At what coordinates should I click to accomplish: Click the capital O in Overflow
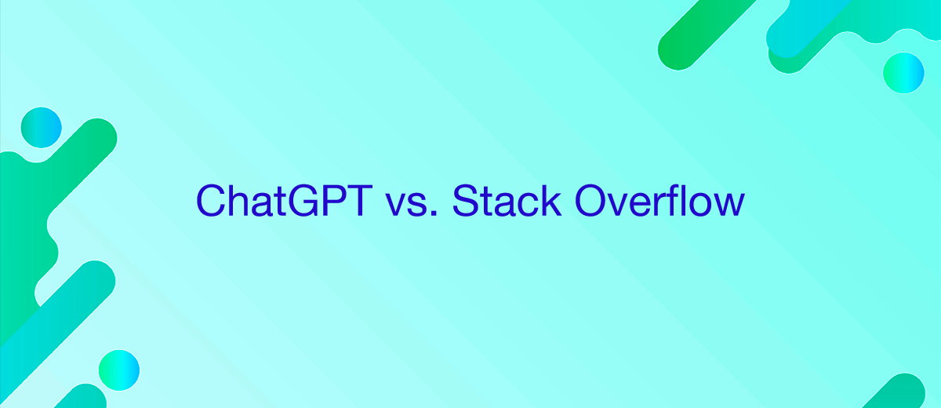pos(591,202)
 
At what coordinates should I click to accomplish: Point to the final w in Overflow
pos(727,205)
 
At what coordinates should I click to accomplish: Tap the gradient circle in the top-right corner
pos(903,73)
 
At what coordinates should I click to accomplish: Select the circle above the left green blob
pos(41,126)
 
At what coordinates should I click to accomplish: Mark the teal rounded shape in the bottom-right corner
pos(910,392)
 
